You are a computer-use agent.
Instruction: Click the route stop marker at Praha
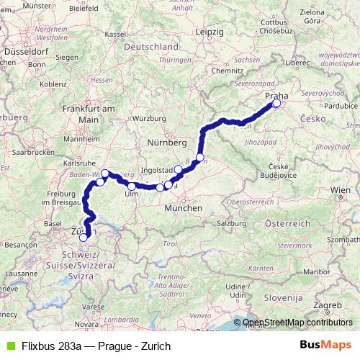click(276, 104)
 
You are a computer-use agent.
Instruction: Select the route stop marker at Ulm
click(132, 186)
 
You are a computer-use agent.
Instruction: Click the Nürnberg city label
click(165, 141)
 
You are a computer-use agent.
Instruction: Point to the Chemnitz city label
click(228, 71)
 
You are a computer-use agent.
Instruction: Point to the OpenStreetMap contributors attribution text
click(294, 323)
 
